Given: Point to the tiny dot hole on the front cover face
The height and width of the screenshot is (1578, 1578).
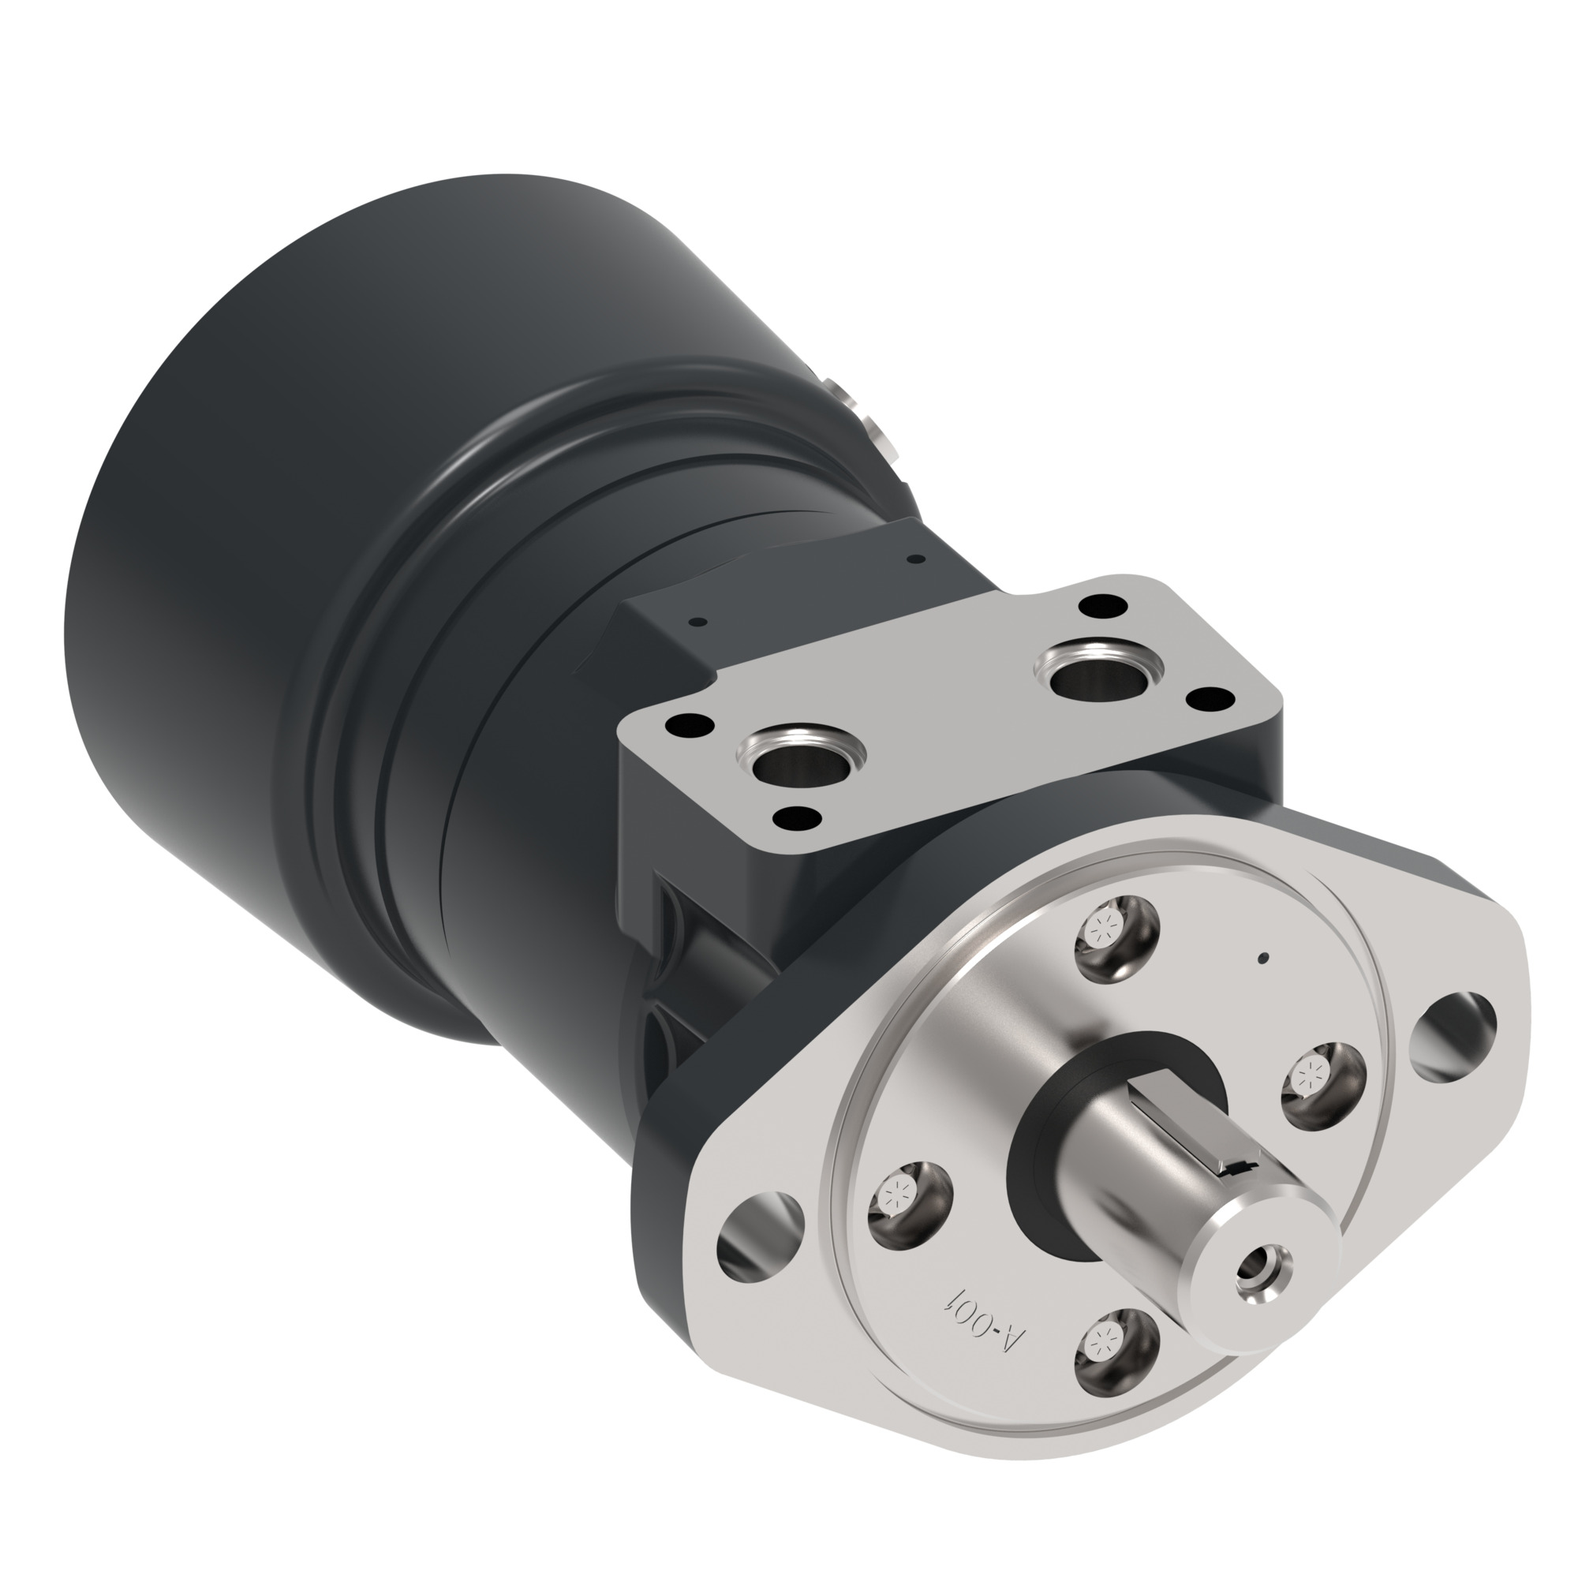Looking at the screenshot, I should [x=1263, y=958].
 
